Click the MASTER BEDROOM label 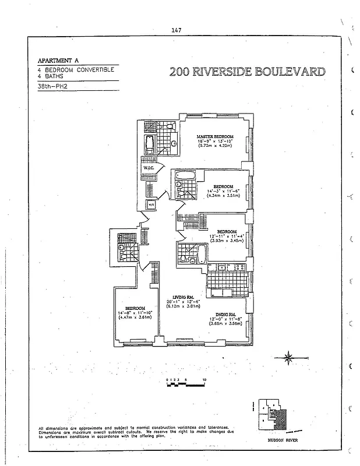click(215, 136)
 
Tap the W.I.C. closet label click(148, 168)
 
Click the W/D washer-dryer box click(151, 205)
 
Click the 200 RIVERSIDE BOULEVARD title click(248, 72)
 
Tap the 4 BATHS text click(51, 76)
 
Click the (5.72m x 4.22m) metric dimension click(215, 146)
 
